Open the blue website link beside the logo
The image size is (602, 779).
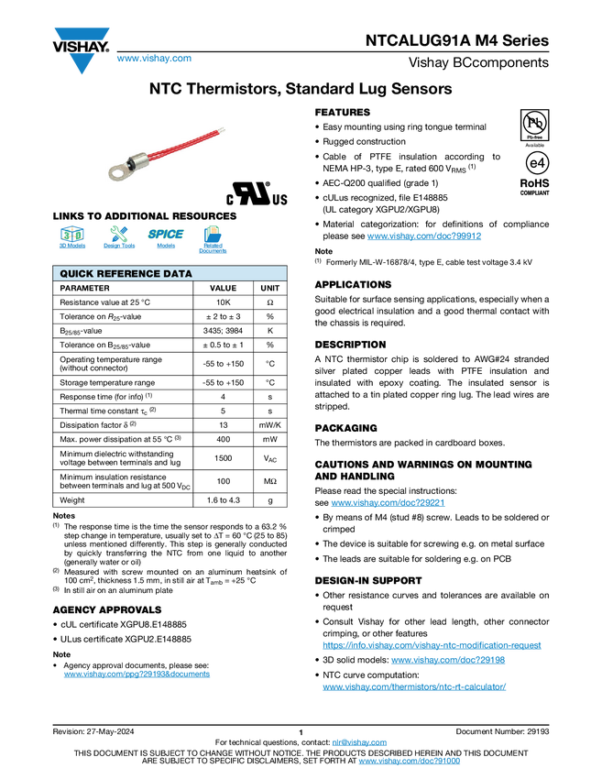tap(154, 60)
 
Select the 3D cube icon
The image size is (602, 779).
tap(71, 233)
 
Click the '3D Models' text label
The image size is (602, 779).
tap(71, 247)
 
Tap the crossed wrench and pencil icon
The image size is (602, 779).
tap(118, 233)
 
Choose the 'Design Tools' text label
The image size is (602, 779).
tap(118, 247)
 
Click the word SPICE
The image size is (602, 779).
tap(166, 234)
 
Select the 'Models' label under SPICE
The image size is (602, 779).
tap(166, 247)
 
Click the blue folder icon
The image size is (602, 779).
tap(213, 233)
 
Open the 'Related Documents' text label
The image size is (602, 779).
tap(213, 248)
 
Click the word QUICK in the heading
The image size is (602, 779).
tap(78, 274)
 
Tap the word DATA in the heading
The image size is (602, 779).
tap(179, 274)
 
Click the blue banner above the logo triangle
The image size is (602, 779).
tap(82, 33)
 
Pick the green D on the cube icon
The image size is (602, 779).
tap(78, 235)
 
